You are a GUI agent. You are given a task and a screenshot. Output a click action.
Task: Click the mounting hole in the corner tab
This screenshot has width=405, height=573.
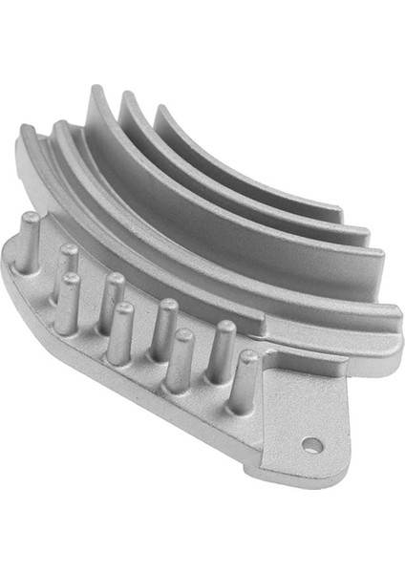click(310, 443)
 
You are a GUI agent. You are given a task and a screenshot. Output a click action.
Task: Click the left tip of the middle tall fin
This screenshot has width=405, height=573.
click(126, 95)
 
